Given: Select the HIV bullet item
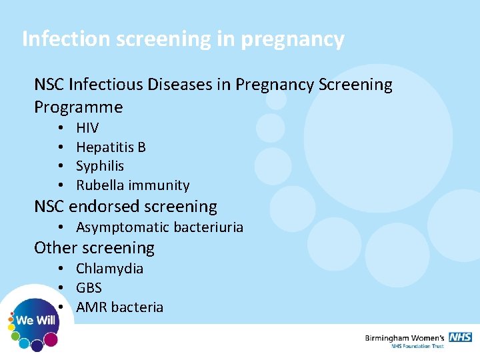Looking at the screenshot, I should (87, 127).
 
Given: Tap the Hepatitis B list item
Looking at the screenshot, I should (111, 147).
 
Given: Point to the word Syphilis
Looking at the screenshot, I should (100, 166).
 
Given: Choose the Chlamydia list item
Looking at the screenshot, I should (109, 269).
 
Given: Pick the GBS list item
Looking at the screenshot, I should (89, 288).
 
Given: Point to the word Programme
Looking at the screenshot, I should (79, 107).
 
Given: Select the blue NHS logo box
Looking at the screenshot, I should (460, 337).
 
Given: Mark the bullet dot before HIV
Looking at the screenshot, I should (60, 128).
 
